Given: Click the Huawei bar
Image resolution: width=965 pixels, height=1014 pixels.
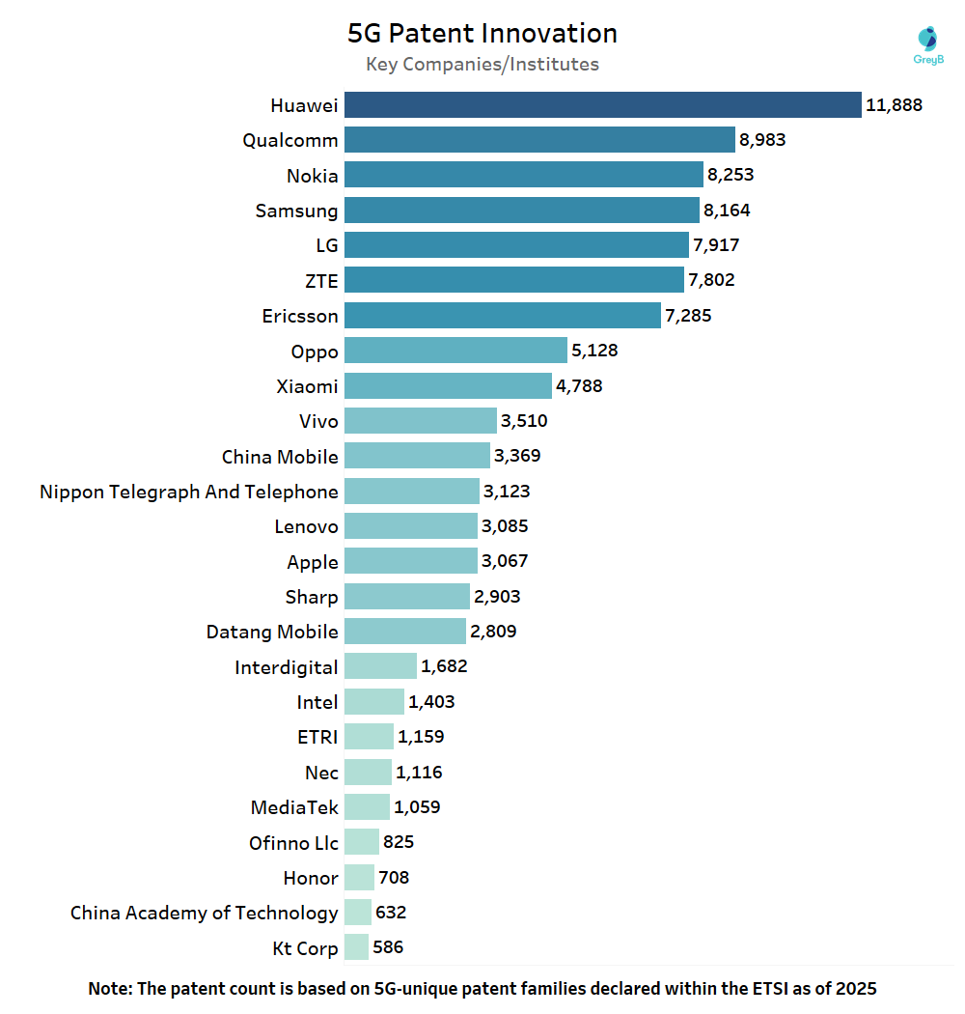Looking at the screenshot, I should click(x=602, y=104).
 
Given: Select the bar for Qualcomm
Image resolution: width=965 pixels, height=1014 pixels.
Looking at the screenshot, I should click(x=539, y=140).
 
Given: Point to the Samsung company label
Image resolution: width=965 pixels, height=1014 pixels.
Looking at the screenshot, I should click(x=296, y=211).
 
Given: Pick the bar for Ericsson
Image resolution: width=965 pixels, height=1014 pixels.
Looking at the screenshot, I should click(x=502, y=315).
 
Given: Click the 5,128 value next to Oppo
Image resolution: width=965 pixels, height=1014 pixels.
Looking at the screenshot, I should click(x=593, y=351).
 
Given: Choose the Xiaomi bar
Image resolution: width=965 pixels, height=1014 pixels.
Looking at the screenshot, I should click(x=448, y=386).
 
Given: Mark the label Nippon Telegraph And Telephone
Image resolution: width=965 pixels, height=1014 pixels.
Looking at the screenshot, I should click(x=189, y=492).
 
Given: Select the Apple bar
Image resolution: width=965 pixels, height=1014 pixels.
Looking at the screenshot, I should click(x=410, y=561).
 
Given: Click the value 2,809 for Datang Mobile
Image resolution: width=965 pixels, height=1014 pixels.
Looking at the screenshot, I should click(x=493, y=632).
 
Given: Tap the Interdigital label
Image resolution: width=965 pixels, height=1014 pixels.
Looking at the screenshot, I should click(x=286, y=667).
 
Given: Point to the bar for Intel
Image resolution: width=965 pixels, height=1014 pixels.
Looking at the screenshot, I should click(x=373, y=702).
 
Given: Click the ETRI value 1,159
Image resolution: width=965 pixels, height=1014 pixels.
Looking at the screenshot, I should click(x=421, y=737).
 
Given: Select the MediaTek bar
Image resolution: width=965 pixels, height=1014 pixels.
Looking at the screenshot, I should click(x=367, y=807).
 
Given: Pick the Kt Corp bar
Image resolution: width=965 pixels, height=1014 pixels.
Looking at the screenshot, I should click(x=356, y=947).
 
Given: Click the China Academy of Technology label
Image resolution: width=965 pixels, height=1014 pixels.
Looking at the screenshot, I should click(x=204, y=913).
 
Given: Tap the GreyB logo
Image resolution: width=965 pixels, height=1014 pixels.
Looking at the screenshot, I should click(x=926, y=44).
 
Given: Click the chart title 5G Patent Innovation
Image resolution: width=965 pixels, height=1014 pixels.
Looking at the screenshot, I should click(x=482, y=33).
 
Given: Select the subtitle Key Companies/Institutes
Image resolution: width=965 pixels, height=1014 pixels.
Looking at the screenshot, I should click(x=482, y=65).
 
